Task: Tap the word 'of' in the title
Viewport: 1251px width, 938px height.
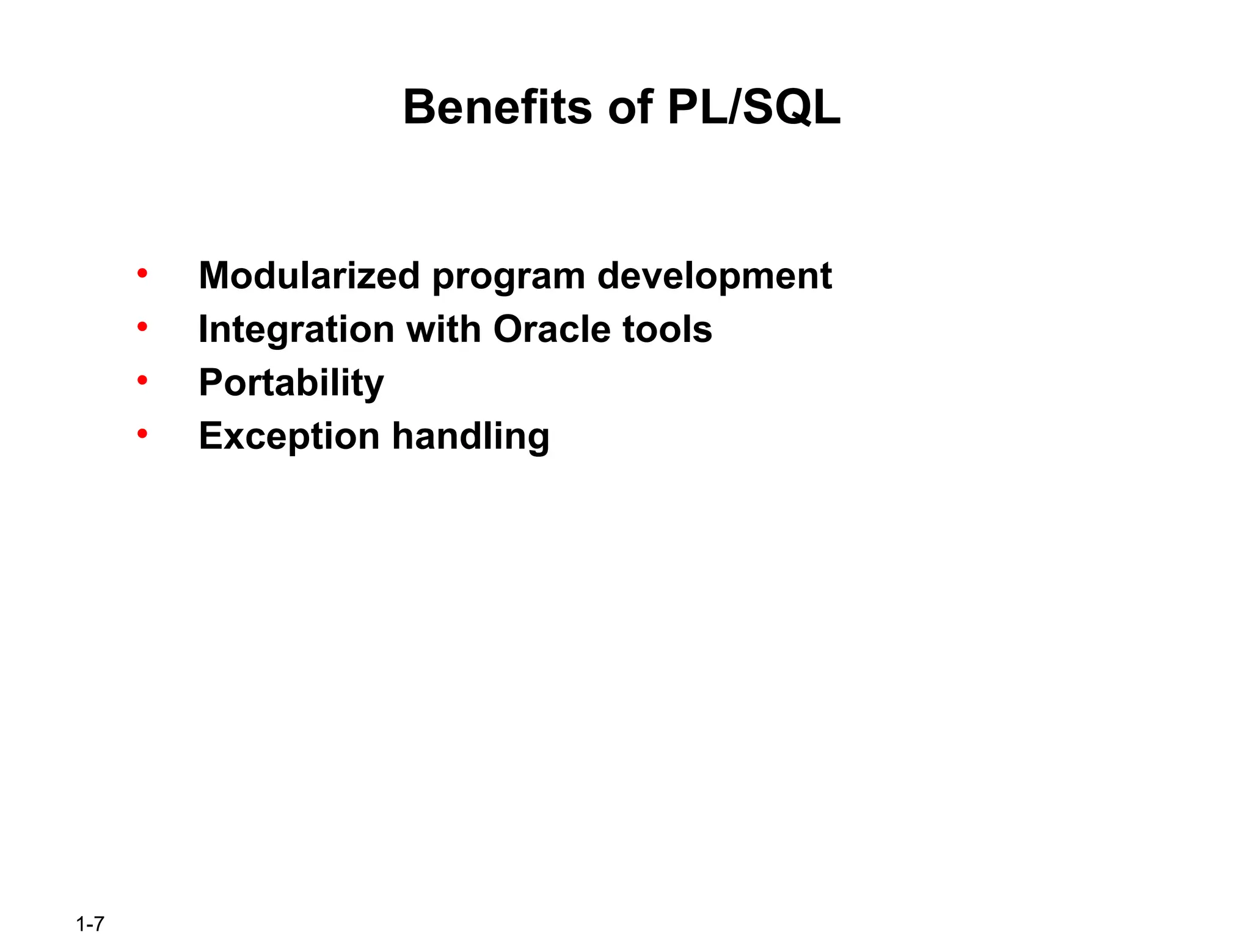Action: pyautogui.click(x=629, y=107)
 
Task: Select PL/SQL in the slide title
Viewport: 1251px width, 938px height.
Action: pyautogui.click(x=754, y=107)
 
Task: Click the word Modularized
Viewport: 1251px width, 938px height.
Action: pyautogui.click(x=309, y=275)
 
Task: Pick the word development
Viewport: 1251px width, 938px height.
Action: pyautogui.click(x=714, y=277)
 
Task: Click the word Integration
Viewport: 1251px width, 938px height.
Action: pyautogui.click(x=297, y=330)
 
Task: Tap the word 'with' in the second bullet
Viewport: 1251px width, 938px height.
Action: pyautogui.click(x=443, y=329)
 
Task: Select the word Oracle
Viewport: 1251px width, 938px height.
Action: pyautogui.click(x=552, y=329)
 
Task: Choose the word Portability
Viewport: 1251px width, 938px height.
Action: pyautogui.click(x=291, y=384)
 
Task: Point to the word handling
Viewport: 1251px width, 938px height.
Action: pyautogui.click(x=470, y=437)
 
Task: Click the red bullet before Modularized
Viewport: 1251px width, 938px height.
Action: pyautogui.click(x=142, y=274)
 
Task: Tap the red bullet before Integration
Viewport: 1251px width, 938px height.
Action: pyautogui.click(x=142, y=327)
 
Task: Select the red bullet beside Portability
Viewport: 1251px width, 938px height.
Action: pyautogui.click(x=142, y=381)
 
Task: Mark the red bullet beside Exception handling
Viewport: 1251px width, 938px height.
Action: pyautogui.click(x=142, y=434)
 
